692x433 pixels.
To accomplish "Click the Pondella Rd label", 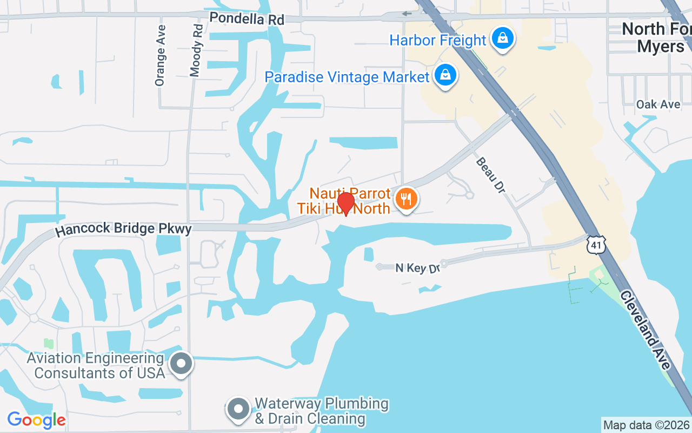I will coord(247,18).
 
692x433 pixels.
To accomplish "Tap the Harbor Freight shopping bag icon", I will coord(503,38).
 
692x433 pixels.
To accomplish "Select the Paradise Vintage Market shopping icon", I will coord(445,76).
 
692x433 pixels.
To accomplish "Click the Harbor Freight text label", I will coord(438,40).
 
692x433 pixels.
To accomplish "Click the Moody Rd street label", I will coord(196,50).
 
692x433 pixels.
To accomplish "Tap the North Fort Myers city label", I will coord(657,37).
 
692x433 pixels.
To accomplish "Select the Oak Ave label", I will coord(658,104).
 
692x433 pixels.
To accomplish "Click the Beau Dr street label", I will coord(490,175).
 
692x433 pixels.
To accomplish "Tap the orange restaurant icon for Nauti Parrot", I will coord(407,199).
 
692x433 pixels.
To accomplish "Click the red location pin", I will coord(345,204).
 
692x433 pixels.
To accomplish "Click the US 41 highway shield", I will coord(596,245).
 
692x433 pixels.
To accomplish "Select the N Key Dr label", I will coord(417,268).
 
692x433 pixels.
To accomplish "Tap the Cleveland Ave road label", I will coord(646,330).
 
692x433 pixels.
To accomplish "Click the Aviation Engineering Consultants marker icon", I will coord(182,364).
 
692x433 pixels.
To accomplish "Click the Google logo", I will coord(36,420).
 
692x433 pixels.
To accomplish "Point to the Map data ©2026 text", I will coord(646,425).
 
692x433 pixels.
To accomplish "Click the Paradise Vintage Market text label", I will coord(347,77).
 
